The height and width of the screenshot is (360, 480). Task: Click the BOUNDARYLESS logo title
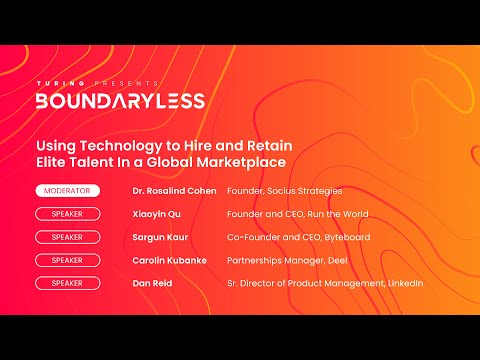coord(120,100)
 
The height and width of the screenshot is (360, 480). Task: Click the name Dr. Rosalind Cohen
coord(174,190)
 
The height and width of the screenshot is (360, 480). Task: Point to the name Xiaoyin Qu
coord(158,214)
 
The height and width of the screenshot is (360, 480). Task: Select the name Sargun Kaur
coord(162,237)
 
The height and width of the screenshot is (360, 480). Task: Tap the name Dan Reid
coord(154,283)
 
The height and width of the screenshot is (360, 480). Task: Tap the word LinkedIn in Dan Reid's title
coord(404,283)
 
